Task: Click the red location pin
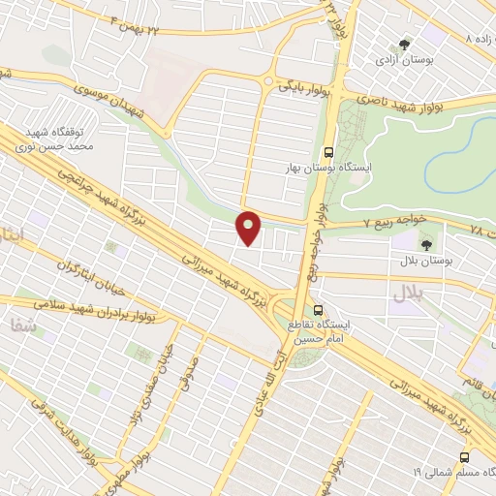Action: (x=249, y=228)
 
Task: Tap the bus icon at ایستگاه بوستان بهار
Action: (x=328, y=152)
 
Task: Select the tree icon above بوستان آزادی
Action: (x=406, y=44)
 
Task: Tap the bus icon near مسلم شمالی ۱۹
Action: (x=465, y=455)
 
